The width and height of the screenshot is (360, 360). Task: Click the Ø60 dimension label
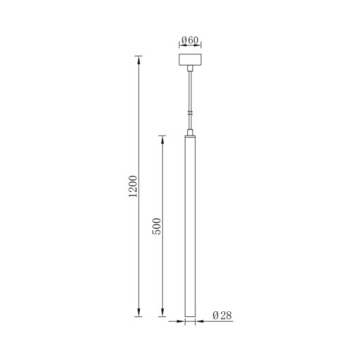[x=190, y=40]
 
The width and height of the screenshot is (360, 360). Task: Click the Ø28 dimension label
[x=222, y=316]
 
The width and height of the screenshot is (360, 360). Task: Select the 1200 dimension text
[x=133, y=186]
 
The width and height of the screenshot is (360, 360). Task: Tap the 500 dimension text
[x=157, y=227]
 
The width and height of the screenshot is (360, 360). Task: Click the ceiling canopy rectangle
[x=190, y=60]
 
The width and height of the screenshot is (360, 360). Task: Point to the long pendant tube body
[x=190, y=226]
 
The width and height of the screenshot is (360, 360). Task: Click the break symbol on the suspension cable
[x=191, y=113]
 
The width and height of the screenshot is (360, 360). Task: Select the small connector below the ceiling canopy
[x=190, y=68]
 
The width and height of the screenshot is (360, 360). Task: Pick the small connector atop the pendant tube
[x=190, y=132]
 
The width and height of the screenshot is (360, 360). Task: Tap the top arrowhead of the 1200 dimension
[x=138, y=60]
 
